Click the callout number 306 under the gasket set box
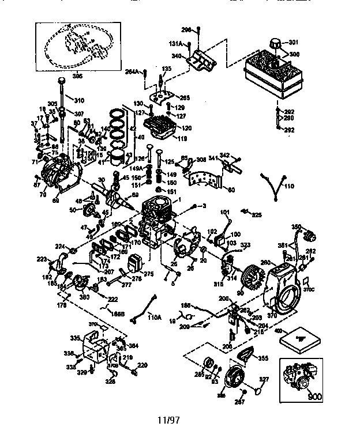pyautogui.click(x=76, y=75)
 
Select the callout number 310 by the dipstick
pyautogui.click(x=78, y=100)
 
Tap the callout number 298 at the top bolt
pyautogui.click(x=186, y=29)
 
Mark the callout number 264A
pyautogui.click(x=132, y=72)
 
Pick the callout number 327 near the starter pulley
pyautogui.click(x=264, y=379)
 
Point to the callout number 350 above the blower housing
pyautogui.click(x=297, y=226)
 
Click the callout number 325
pyautogui.click(x=256, y=214)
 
